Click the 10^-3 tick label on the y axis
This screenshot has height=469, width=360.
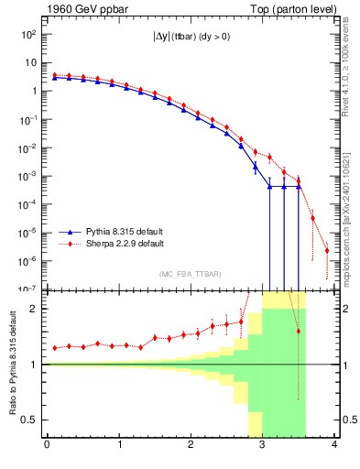pyautogui.click(x=27, y=176)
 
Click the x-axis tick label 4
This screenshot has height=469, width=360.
pyautogui.click(x=335, y=446)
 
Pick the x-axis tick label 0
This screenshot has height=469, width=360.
pyautogui.click(x=47, y=446)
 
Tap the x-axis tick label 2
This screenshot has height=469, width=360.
pyautogui.click(x=191, y=446)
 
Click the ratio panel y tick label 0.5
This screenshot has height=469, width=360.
pyautogui.click(x=29, y=420)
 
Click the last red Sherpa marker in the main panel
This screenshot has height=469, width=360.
pyautogui.click(x=327, y=249)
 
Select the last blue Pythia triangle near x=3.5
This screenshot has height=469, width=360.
pyautogui.click(x=299, y=187)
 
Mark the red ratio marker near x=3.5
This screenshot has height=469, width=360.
pyautogui.click(x=299, y=331)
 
